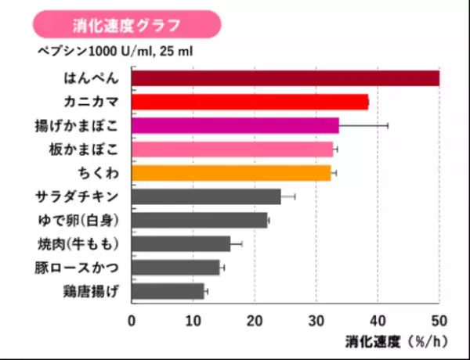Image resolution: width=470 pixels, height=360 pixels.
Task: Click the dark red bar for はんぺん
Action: (285, 77)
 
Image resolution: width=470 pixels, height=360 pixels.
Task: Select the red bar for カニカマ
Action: (249, 102)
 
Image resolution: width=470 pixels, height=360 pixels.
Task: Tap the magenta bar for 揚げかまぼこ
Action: (235, 125)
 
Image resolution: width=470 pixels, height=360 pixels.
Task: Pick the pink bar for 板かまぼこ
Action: (232, 149)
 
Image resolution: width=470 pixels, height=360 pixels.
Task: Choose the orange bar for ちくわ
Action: (231, 172)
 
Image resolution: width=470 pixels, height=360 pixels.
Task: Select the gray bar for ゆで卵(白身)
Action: (199, 220)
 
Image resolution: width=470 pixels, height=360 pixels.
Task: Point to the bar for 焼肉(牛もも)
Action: (181, 244)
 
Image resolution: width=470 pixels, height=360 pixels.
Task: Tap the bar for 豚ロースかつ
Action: (175, 268)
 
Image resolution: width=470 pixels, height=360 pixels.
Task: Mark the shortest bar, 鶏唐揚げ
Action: (168, 292)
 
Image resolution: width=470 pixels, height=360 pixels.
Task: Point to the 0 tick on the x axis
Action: (132, 320)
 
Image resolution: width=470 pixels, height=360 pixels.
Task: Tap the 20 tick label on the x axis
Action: (254, 320)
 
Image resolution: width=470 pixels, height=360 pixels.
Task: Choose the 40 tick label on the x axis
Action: (377, 320)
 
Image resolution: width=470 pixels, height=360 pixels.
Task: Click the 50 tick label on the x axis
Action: (438, 320)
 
